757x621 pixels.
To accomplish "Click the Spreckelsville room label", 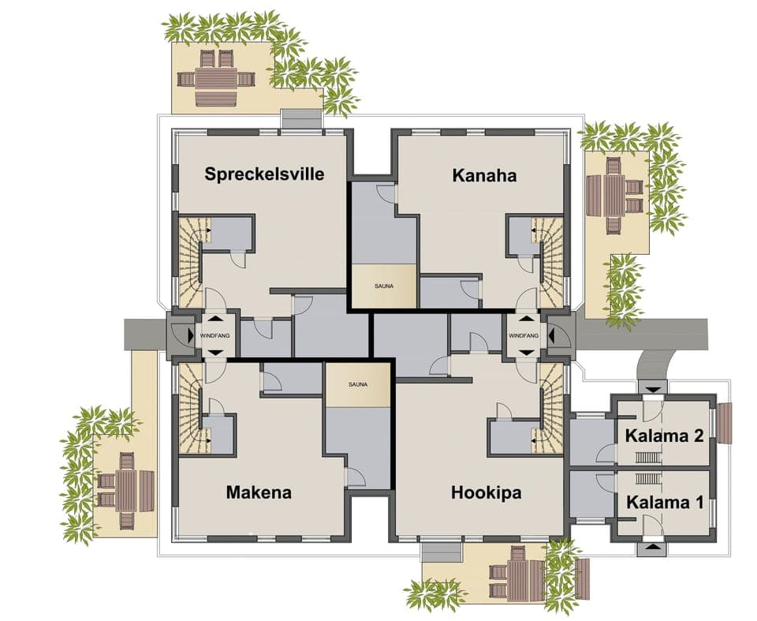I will click(x=264, y=174).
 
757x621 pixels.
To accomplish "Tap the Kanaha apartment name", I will click(x=484, y=175).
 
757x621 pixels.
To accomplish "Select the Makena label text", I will click(x=259, y=492).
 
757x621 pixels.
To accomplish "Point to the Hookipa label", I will click(x=486, y=492).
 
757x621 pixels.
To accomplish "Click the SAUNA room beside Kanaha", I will click(x=383, y=286).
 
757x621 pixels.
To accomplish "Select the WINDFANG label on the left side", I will click(x=215, y=335).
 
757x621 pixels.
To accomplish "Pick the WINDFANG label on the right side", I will click(x=524, y=335).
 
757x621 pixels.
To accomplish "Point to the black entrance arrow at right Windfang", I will click(x=552, y=335).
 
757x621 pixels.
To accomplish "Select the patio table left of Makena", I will click(x=126, y=490).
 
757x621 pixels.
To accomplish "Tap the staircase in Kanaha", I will click(x=551, y=260).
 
